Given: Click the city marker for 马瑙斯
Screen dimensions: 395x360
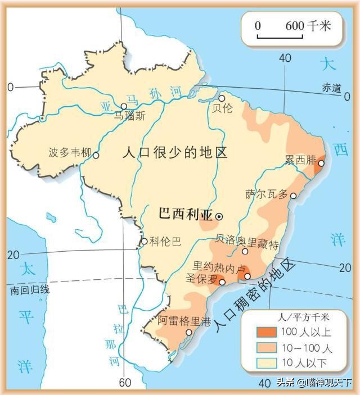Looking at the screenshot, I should pyautogui.click(x=124, y=106).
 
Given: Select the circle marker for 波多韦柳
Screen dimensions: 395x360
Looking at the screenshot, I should pyautogui.click(x=96, y=155).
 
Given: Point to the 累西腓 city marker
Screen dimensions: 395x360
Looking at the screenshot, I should pyautogui.click(x=321, y=164).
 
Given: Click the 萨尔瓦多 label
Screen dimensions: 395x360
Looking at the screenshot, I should pyautogui.click(x=267, y=194).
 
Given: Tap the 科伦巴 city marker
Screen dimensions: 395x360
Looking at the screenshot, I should pyautogui.click(x=144, y=242).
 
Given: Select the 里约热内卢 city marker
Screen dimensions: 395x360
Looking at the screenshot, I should pyautogui.click(x=247, y=276).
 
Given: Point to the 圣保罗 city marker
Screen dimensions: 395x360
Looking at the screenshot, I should pyautogui.click(x=223, y=282).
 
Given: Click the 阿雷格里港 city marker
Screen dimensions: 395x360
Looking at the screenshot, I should pyautogui.click(x=189, y=332).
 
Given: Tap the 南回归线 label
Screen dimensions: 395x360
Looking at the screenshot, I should pyautogui.click(x=30, y=290).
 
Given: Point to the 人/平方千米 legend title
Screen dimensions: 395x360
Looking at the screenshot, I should pyautogui.click(x=299, y=316).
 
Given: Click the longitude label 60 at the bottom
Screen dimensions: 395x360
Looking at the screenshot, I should pyautogui.click(x=124, y=383).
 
